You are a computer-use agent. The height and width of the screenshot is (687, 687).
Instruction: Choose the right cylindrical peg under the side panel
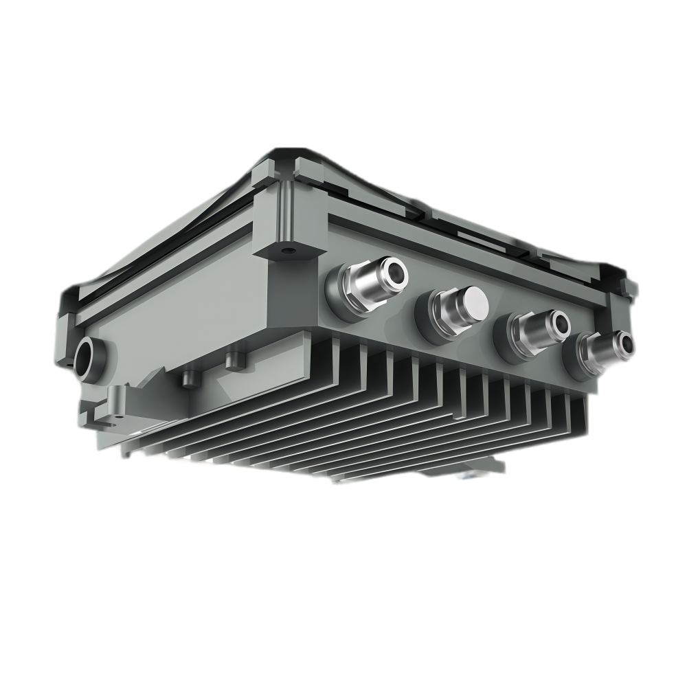[234, 359]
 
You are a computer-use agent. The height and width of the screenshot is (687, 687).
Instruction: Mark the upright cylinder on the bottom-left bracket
[115, 398]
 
